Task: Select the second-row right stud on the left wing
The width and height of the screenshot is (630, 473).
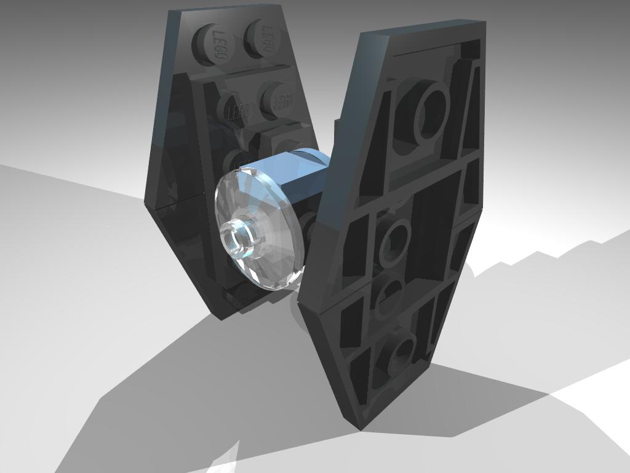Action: point(281,100)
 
